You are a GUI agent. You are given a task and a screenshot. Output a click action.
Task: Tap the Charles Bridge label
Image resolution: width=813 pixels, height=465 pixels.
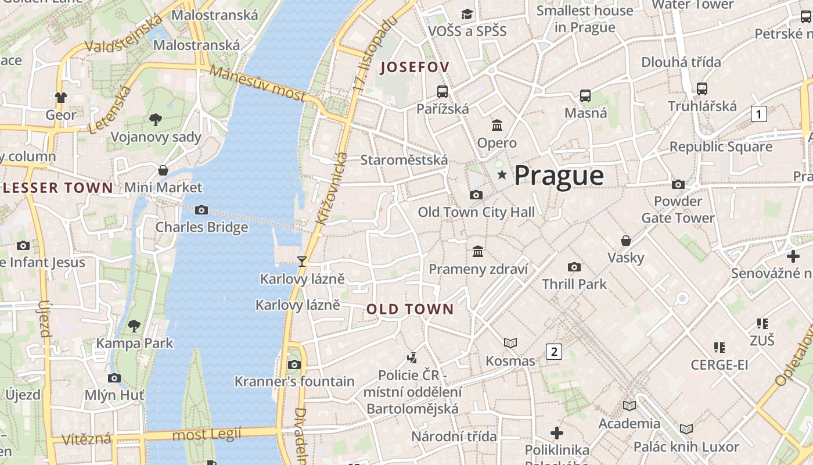pos(202,227)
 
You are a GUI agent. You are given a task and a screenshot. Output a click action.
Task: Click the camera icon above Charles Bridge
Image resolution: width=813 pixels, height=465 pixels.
pos(202,210)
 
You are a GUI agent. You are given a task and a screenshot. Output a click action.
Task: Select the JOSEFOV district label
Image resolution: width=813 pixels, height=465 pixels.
pos(414,67)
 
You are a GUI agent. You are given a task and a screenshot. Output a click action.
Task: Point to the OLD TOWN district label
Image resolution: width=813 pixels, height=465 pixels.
pos(409,309)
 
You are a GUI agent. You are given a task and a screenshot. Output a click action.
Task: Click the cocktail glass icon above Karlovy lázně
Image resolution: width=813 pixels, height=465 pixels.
pos(302,261)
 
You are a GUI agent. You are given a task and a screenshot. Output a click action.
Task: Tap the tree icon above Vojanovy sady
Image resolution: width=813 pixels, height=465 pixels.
pos(155,120)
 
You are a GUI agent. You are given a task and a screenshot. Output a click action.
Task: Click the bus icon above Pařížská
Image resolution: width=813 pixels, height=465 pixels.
pos(443,91)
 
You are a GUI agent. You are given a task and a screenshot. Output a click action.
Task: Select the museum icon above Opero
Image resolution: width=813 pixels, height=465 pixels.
pos(497,125)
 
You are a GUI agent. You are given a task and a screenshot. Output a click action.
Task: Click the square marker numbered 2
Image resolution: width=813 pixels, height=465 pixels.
pos(554,351)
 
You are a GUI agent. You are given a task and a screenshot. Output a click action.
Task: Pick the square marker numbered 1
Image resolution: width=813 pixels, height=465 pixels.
pos(758,114)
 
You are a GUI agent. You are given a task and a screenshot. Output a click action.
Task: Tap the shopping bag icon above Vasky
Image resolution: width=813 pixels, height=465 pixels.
pos(626,240)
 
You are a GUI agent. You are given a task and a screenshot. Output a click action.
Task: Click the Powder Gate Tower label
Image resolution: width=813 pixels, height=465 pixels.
pos(678,210)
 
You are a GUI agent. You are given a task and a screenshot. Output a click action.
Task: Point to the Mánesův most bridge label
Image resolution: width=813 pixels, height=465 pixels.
pos(257,83)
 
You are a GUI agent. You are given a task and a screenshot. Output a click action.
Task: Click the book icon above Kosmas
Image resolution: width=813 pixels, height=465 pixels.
pos(510,344)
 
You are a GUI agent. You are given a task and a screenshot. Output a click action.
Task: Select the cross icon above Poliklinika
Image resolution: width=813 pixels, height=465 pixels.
pos(557,433)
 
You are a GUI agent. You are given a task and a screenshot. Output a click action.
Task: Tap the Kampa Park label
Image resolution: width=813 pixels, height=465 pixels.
pos(134,343)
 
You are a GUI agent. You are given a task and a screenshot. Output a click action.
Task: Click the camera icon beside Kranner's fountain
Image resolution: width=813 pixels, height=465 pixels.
pos(294,364)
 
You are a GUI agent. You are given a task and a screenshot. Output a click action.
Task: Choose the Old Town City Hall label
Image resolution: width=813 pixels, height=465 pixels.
pos(476,212)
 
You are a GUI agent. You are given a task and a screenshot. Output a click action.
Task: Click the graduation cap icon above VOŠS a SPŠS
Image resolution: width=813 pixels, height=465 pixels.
pos(467,13)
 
